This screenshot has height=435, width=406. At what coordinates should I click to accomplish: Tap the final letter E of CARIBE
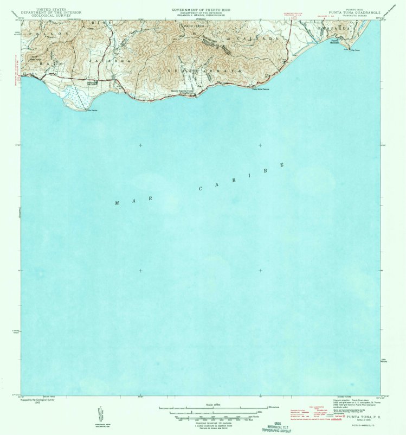pos(282,165)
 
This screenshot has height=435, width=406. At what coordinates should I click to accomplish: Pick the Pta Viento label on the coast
pos(92,111)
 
